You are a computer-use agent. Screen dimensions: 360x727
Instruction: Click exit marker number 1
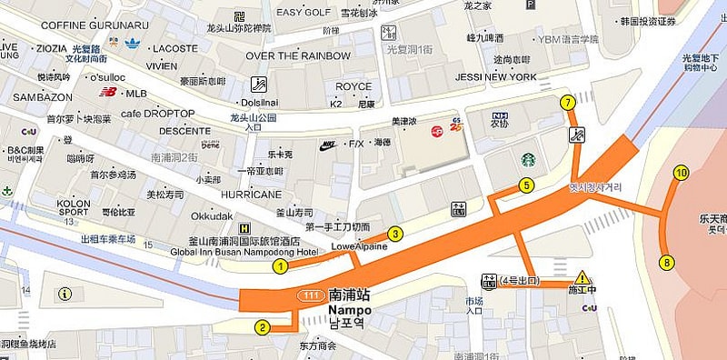coord(281,266)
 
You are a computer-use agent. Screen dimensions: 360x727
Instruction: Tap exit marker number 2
coord(262,327)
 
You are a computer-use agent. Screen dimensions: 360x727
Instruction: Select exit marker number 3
coord(395,234)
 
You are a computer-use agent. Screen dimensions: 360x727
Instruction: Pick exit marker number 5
coord(526,185)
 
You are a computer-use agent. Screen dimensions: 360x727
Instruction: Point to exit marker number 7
coord(568,102)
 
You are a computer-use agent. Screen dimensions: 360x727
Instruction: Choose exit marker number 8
coord(667,263)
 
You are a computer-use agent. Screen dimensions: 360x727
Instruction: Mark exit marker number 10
coord(681,173)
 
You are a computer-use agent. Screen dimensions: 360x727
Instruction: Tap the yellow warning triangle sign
coord(583,277)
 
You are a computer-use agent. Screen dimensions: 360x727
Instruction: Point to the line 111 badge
coord(310,296)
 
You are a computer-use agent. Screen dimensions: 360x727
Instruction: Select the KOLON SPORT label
coord(74,207)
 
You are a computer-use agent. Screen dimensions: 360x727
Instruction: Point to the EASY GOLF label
coord(302,12)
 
